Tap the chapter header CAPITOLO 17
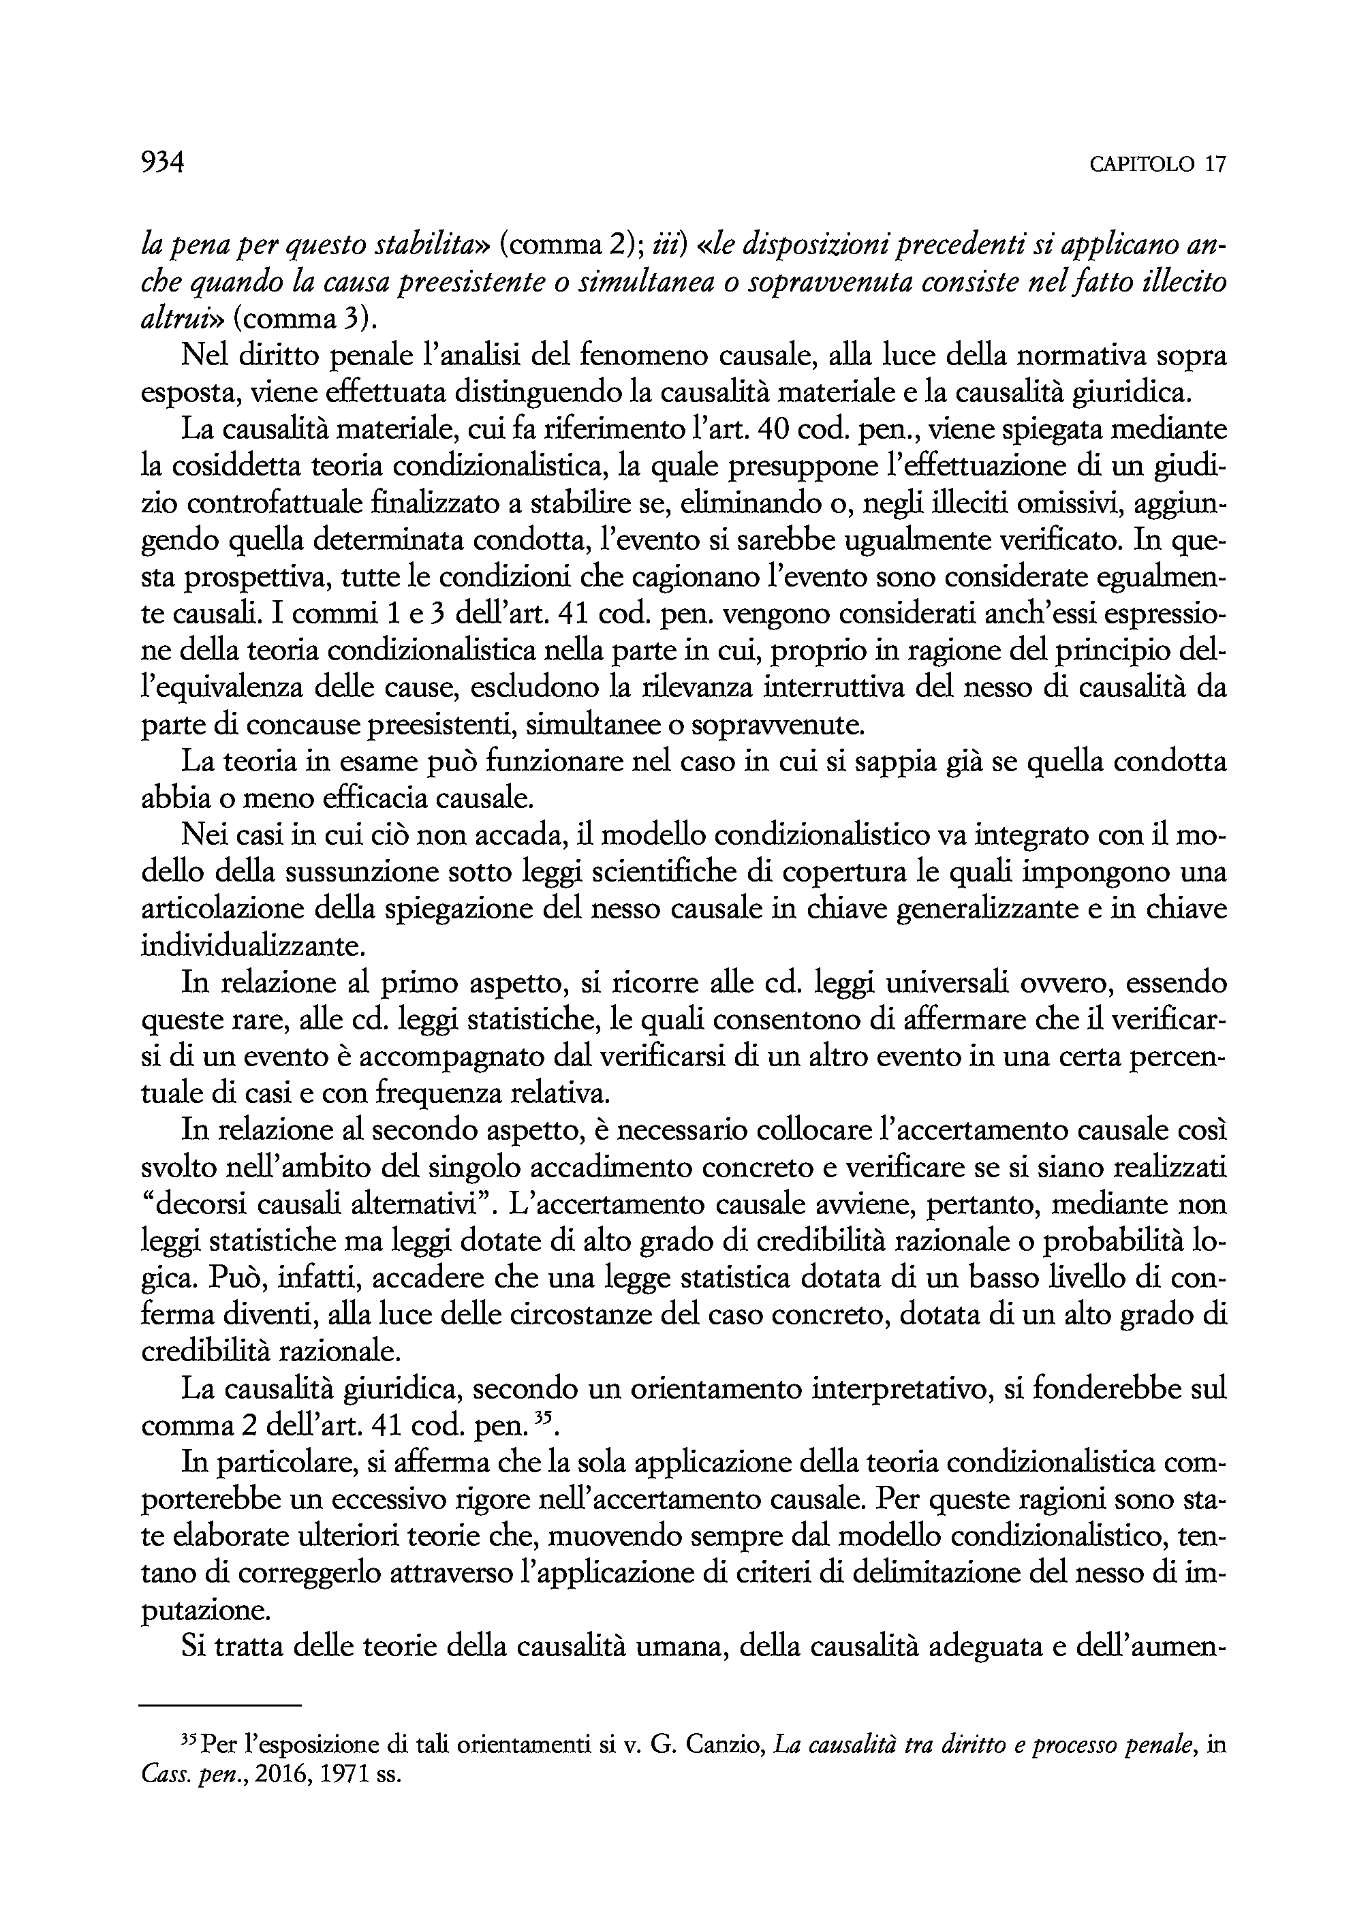pos(1157,165)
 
